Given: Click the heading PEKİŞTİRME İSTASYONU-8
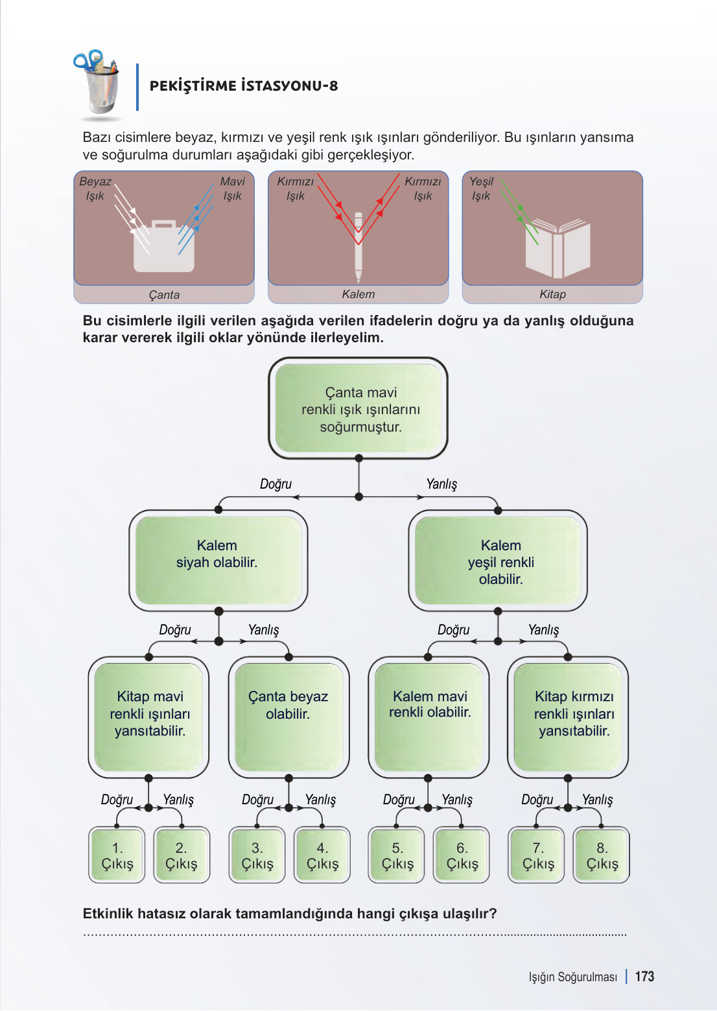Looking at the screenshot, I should (244, 86).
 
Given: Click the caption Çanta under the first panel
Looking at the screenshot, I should (164, 295).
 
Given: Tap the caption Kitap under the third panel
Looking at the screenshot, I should (552, 294).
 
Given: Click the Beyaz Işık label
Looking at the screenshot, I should (95, 189).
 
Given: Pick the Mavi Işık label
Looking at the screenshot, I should (232, 189).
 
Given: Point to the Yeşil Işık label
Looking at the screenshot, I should (481, 189).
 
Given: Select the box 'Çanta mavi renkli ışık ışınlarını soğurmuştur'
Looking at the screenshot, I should (358, 408).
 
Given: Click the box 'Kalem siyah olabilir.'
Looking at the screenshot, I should (218, 561).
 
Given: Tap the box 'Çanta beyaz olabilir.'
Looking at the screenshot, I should (288, 717).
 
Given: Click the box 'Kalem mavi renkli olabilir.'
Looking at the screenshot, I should (429, 717).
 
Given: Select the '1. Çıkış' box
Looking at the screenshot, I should (117, 855).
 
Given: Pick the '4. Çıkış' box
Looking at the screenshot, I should (322, 855).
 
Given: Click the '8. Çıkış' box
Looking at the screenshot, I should (602, 855).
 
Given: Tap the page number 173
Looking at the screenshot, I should (644, 977).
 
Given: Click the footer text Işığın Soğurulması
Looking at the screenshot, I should (572, 977).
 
